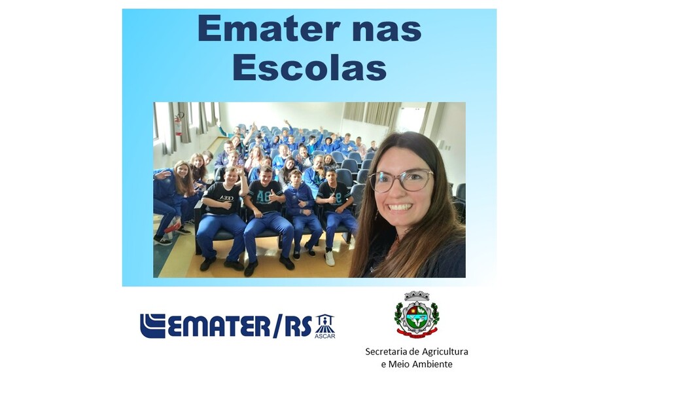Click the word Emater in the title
268,29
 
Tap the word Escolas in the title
309,67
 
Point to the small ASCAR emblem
325,326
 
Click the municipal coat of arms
417,314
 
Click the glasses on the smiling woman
400,181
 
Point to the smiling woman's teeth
400,207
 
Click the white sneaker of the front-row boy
330,258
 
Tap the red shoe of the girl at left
172,228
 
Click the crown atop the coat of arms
417,295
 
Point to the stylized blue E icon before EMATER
152,326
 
